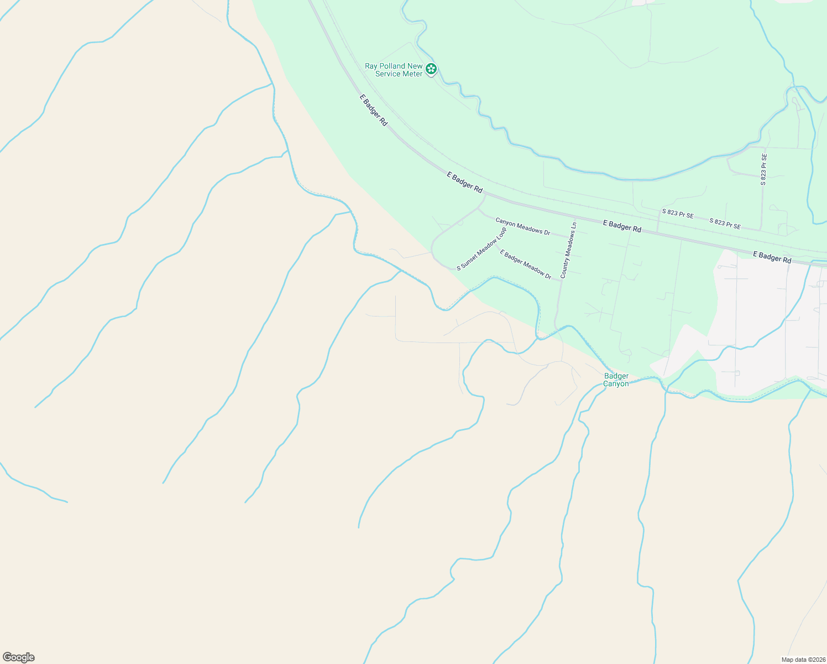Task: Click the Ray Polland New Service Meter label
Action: (x=394, y=70)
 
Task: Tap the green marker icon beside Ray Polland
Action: (x=431, y=69)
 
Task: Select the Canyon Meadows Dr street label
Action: (x=522, y=226)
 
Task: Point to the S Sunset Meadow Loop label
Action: (x=481, y=248)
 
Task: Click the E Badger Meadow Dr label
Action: (x=525, y=264)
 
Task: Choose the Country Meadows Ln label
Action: (x=568, y=250)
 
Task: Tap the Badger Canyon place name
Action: (x=616, y=380)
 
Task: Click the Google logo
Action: (x=19, y=657)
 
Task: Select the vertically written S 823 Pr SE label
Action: (x=763, y=169)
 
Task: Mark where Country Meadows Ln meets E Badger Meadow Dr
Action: (x=562, y=280)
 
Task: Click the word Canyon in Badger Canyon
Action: (x=616, y=384)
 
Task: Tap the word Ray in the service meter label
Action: (x=371, y=66)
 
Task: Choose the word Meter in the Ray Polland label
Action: (x=413, y=74)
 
